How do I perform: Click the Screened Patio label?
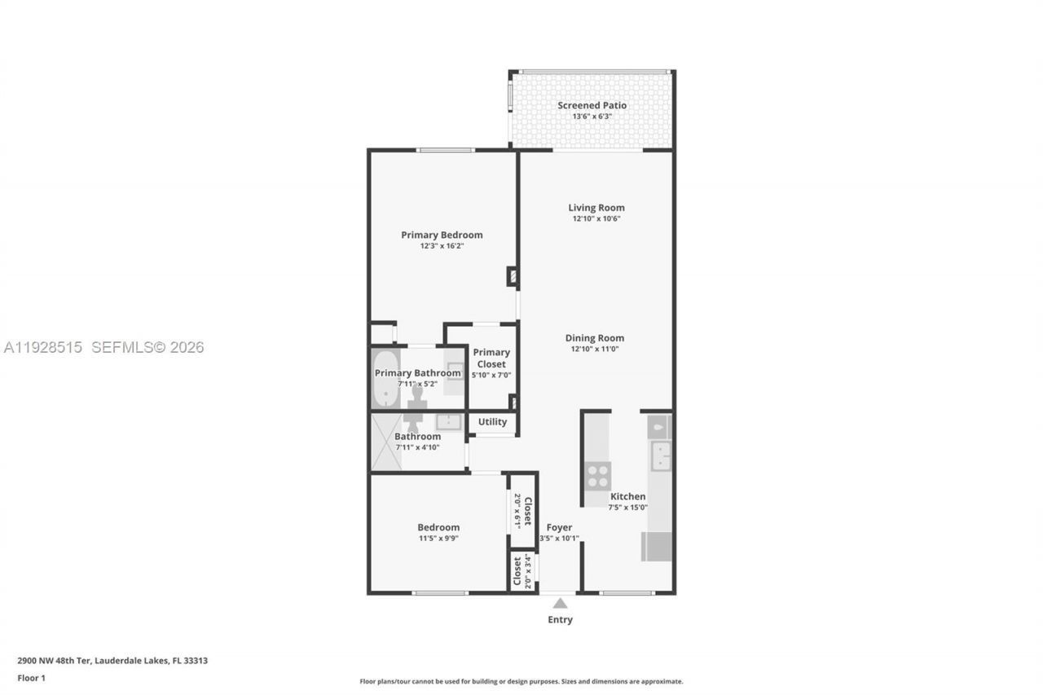[x=592, y=105]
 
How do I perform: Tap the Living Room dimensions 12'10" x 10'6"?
[x=596, y=219]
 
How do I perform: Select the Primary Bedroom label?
[x=442, y=235]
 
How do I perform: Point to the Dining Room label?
[x=596, y=338]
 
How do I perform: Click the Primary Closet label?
[x=491, y=358]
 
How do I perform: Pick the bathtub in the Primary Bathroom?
[x=384, y=379]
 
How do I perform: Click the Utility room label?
[x=492, y=422]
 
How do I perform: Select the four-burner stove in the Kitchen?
[x=597, y=475]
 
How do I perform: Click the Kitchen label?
[x=627, y=496]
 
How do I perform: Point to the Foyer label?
[x=559, y=527]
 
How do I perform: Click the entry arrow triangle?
[x=560, y=604]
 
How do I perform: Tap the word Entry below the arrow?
[x=560, y=620]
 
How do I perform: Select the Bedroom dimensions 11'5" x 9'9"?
[x=438, y=539]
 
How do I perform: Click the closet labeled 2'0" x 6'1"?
[x=522, y=511]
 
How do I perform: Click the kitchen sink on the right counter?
[x=660, y=456]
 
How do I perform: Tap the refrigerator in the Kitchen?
[x=656, y=546]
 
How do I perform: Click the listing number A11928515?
[x=43, y=348]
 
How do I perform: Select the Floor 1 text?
[x=32, y=678]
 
